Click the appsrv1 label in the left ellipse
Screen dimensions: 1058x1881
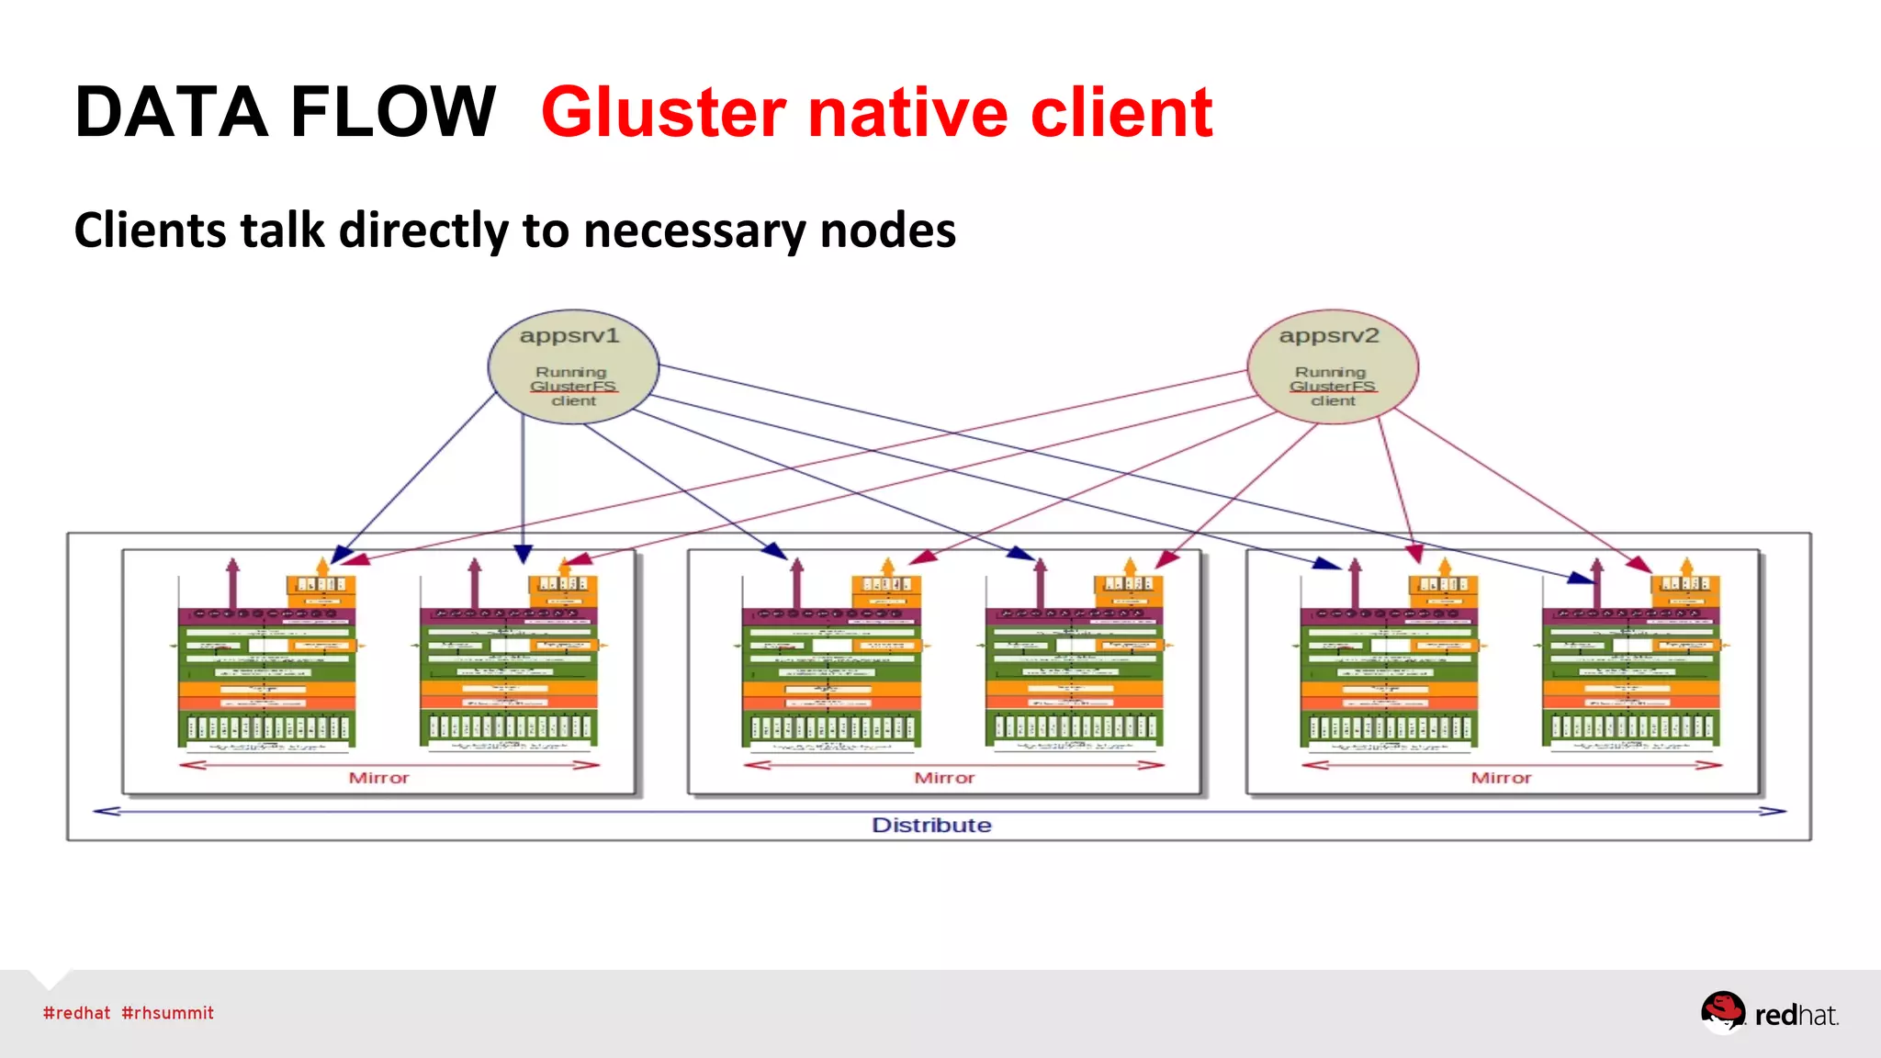click(569, 336)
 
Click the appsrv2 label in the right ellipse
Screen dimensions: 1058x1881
click(1329, 336)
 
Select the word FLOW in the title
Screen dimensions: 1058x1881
click(393, 112)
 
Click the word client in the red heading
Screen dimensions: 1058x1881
click(1121, 112)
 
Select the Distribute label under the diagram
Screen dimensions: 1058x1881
click(931, 825)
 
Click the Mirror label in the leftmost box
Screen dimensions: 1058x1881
click(378, 778)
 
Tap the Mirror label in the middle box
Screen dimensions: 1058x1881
click(944, 778)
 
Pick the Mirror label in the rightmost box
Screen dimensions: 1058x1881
click(1501, 778)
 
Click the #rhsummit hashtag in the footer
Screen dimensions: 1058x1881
click(167, 1013)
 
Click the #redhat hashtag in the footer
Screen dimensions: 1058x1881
click(76, 1013)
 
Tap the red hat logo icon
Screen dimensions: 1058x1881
click(1722, 1011)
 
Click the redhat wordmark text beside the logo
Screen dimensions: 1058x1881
click(1796, 1015)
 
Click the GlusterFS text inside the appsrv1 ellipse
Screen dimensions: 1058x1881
click(573, 387)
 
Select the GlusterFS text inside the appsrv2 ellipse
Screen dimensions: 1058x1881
click(1332, 387)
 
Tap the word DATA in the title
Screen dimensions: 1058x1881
click(171, 112)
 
